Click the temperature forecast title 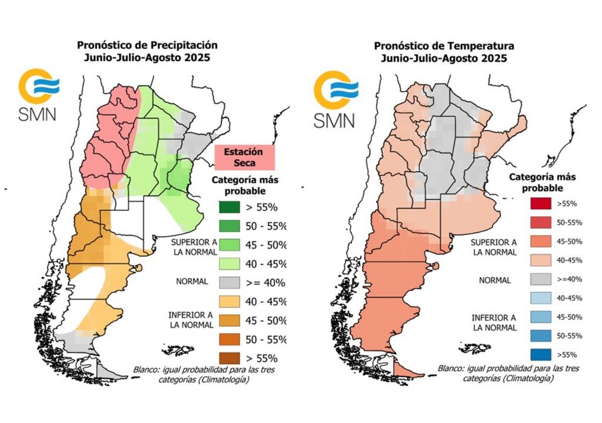point(444,52)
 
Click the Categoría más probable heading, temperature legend point(542,182)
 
